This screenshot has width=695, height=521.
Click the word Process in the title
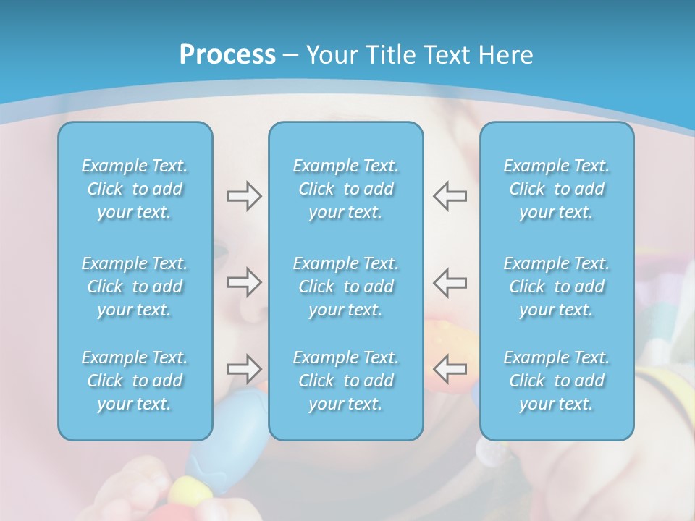tap(227, 55)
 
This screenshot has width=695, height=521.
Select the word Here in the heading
tap(506, 55)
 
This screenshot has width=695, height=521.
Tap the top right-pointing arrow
tap(244, 196)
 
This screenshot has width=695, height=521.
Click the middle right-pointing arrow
tap(244, 282)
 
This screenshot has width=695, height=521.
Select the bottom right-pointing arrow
tap(244, 369)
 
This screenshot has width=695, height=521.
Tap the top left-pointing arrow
tap(450, 196)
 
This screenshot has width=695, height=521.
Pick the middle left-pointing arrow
tap(450, 282)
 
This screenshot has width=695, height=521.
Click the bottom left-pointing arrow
tap(450, 369)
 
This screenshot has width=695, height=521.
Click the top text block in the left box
tap(135, 189)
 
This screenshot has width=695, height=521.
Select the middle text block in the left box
tap(135, 287)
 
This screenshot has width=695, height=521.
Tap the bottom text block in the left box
tap(135, 381)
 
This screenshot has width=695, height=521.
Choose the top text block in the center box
tap(346, 189)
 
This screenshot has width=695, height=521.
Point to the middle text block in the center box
tap(346, 287)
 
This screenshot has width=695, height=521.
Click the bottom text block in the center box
tap(346, 381)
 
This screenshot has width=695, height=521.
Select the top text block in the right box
tap(557, 189)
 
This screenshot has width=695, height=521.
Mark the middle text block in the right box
tap(557, 287)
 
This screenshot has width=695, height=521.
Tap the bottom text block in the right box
tap(557, 381)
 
